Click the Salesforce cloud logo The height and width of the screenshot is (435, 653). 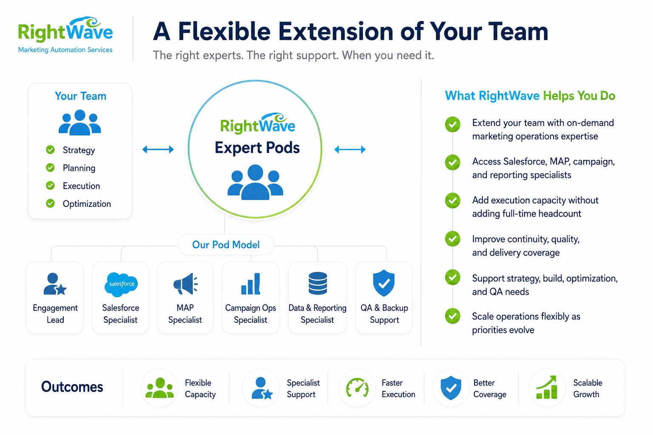click(121, 284)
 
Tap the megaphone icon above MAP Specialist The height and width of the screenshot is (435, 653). click(185, 283)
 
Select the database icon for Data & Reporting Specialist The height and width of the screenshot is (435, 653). click(318, 283)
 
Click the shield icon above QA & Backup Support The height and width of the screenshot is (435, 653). click(383, 283)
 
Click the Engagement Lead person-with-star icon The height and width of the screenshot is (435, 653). click(55, 284)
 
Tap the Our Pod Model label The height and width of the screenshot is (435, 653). click(226, 245)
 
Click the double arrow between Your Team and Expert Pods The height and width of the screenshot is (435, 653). click(158, 150)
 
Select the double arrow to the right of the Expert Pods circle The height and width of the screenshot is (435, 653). click(350, 150)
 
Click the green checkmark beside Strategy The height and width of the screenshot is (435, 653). click(50, 150)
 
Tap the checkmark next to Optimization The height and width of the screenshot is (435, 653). click(50, 203)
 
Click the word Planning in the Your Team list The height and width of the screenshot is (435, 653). click(79, 168)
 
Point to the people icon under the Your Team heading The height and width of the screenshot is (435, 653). click(79, 122)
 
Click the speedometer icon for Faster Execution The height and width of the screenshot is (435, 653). click(357, 387)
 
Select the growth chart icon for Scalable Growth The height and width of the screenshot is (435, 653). click(547, 387)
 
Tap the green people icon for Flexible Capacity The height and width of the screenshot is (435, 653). click(159, 388)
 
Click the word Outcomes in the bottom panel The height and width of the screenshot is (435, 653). click(72, 387)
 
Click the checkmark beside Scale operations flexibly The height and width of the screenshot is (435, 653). click(452, 316)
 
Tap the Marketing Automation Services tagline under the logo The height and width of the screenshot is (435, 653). click(65, 50)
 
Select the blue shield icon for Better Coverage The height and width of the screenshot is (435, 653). click(451, 387)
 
